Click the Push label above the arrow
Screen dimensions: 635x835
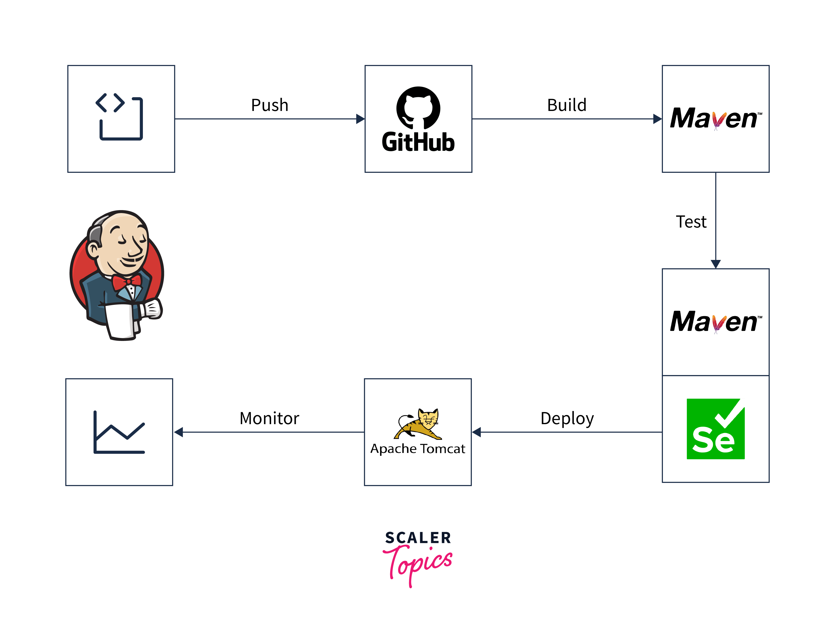click(x=270, y=105)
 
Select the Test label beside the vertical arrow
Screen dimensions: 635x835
click(x=691, y=222)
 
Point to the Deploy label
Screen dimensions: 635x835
click(x=567, y=419)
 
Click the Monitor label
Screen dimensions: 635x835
click(x=269, y=419)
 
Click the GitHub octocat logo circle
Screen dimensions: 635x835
click(x=418, y=108)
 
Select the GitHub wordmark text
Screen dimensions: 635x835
click(x=418, y=143)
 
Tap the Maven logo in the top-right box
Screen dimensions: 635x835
click(x=715, y=119)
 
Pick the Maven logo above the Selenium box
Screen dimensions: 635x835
click(x=715, y=322)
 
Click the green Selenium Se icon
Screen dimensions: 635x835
click(x=715, y=429)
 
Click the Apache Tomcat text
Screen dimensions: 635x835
click(x=418, y=449)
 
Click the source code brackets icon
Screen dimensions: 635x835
click(x=119, y=117)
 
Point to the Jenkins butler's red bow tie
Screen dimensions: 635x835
click(x=127, y=282)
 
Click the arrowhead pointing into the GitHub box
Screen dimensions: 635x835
click(x=360, y=119)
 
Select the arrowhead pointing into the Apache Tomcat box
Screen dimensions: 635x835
click(x=477, y=432)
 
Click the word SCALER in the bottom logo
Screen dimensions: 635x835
click(x=418, y=538)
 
